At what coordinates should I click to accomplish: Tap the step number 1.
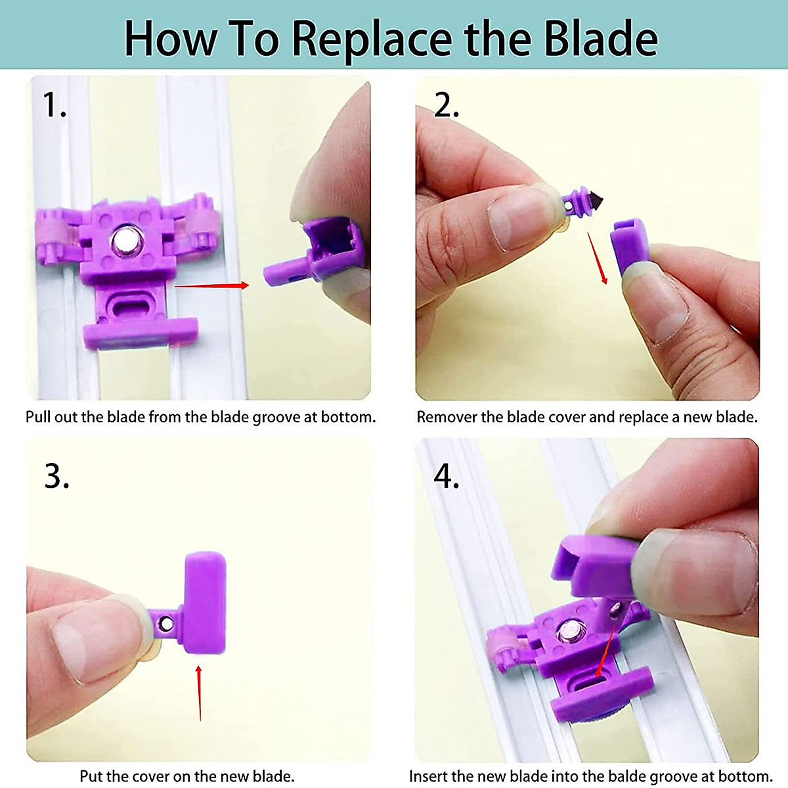[54, 105]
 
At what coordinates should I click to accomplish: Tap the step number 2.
[446, 105]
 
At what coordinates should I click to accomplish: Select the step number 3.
[56, 476]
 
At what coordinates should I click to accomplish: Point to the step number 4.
[447, 476]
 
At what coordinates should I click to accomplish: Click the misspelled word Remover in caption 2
[447, 417]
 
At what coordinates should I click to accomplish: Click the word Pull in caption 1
[37, 417]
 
